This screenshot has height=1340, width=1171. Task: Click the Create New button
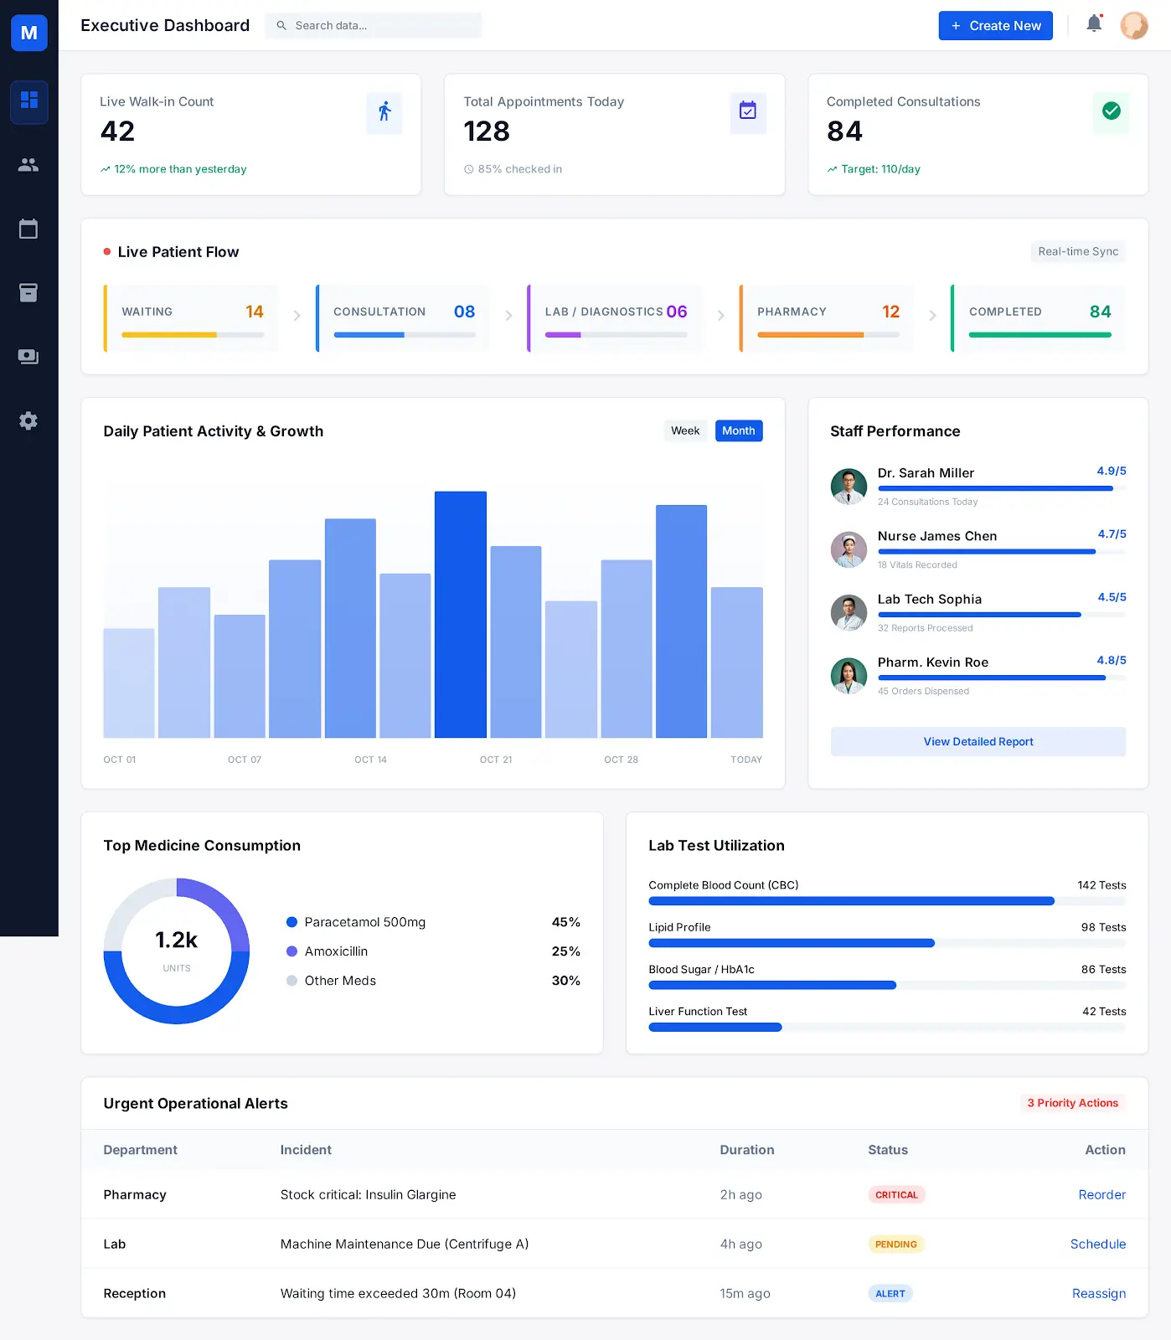pyautogui.click(x=995, y=26)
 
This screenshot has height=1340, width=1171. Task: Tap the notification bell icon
pyautogui.click(x=1094, y=24)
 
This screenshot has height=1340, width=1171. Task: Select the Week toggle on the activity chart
pyautogui.click(x=684, y=430)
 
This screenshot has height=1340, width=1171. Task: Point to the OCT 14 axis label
pyautogui.click(x=370, y=760)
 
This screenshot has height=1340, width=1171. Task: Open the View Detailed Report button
pyautogui.click(x=978, y=742)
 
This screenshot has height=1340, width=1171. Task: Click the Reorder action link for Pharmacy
pyautogui.click(x=1101, y=1195)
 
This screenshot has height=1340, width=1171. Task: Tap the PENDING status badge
pyautogui.click(x=895, y=1245)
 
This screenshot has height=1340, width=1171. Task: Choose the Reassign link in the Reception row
pyautogui.click(x=1098, y=1294)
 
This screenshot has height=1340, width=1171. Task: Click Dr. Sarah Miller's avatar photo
pyautogui.click(x=849, y=487)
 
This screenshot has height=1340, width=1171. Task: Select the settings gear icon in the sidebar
pyautogui.click(x=28, y=420)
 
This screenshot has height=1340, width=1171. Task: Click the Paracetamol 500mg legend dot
pyautogui.click(x=292, y=922)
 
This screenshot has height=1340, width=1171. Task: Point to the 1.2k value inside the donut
pyautogui.click(x=176, y=941)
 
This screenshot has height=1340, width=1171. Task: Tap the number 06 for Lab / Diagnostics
pyautogui.click(x=677, y=312)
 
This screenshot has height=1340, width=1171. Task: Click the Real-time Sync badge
pyautogui.click(x=1077, y=251)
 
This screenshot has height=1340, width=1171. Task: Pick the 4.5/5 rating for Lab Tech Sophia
pyautogui.click(x=1112, y=597)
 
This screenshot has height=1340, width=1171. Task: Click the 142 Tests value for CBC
pyautogui.click(x=1101, y=885)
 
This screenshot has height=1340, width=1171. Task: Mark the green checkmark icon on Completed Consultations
pyautogui.click(x=1111, y=111)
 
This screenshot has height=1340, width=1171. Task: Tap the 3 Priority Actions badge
pyautogui.click(x=1072, y=1103)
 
